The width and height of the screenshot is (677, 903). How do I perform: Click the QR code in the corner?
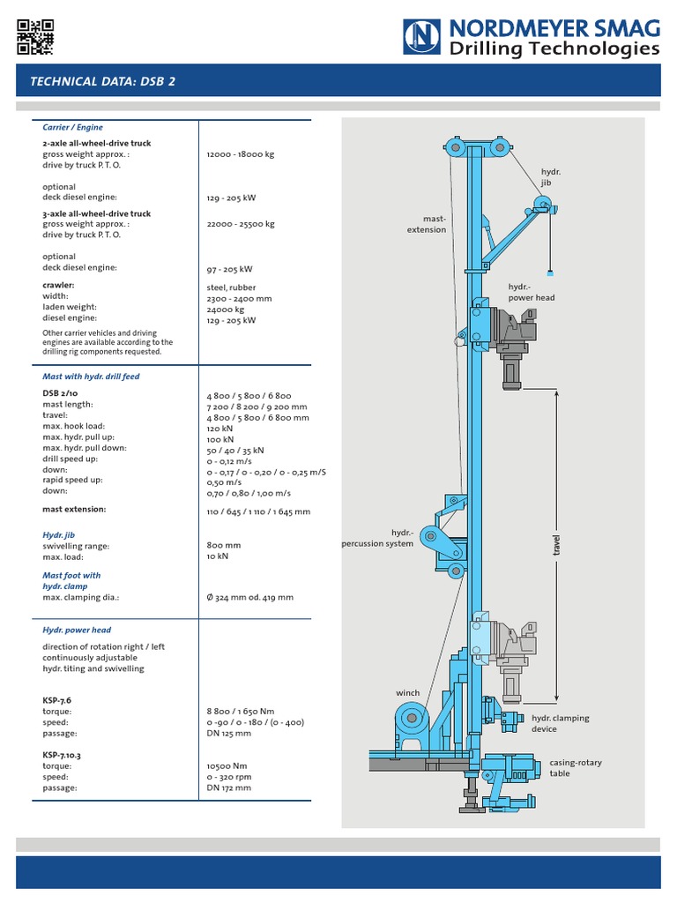tap(35, 37)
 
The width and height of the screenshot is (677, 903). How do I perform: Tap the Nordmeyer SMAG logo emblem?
tap(421, 37)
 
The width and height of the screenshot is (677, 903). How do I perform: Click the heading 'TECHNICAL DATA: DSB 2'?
tap(102, 81)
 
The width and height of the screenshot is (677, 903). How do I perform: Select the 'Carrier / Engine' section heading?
tap(72, 127)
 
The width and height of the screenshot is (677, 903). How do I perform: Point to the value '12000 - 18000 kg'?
tap(241, 154)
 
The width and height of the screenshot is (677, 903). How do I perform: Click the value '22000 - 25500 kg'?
tap(241, 224)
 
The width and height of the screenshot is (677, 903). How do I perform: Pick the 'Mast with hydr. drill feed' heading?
tap(91, 377)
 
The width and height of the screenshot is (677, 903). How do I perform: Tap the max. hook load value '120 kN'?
tap(219, 429)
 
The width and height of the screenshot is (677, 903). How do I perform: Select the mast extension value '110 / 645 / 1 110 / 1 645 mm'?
tap(258, 511)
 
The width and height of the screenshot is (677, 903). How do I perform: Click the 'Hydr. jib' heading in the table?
tap(59, 535)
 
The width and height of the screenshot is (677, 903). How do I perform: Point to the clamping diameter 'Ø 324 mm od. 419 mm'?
tap(249, 598)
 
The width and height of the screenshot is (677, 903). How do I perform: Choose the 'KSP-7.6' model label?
tap(57, 700)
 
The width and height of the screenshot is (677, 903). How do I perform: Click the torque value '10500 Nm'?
tap(227, 766)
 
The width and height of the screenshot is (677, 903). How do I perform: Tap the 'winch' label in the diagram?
tap(407, 693)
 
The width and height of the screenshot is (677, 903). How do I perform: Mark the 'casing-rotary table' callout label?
tap(575, 768)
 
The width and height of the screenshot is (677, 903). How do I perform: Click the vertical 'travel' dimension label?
tap(557, 545)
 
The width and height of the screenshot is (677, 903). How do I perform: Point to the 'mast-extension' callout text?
tap(427, 224)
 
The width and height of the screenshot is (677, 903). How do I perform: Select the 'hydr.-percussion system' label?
tap(377, 538)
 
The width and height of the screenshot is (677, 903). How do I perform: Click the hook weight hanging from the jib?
tap(551, 273)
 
